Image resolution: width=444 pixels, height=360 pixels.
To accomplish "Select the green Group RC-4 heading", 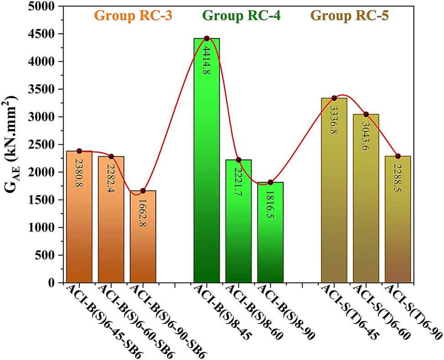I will [x=242, y=16].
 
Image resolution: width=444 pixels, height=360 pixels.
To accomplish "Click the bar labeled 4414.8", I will [x=207, y=159].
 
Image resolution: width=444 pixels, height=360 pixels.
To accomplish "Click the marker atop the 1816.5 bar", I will [x=270, y=182].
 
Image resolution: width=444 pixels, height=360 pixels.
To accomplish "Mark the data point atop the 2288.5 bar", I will [x=398, y=156].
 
